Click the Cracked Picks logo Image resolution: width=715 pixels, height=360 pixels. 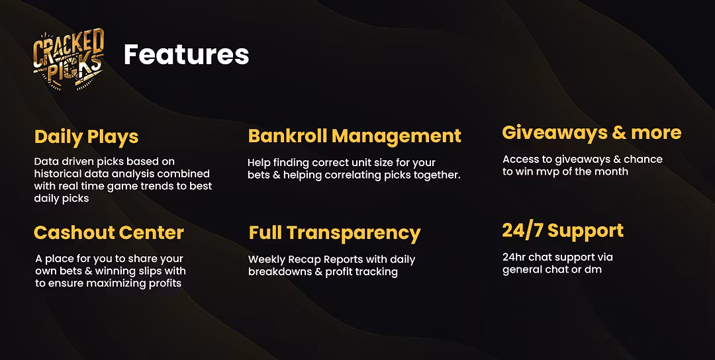(69, 60)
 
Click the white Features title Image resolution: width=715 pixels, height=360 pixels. (187, 55)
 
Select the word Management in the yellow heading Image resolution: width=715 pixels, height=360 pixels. (397, 136)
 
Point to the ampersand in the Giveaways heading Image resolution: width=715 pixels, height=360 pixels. (619, 133)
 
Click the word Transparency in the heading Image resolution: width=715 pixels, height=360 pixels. (354, 234)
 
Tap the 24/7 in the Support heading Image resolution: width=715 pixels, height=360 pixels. (522, 230)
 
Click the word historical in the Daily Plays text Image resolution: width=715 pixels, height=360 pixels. (56, 173)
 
